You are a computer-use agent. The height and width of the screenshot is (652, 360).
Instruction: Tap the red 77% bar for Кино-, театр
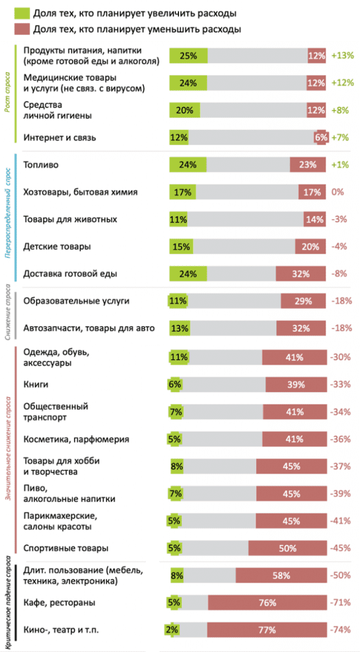267,630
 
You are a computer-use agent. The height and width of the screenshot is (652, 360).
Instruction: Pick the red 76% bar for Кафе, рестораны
267,602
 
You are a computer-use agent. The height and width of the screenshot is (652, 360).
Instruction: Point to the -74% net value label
342,630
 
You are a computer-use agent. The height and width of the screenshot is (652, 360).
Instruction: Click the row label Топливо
41,164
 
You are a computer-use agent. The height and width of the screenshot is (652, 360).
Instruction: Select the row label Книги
36,385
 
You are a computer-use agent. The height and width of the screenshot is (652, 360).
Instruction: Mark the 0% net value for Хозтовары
338,192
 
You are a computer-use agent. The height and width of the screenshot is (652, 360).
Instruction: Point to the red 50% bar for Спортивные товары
287,548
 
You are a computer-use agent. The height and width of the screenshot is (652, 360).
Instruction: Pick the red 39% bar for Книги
296,385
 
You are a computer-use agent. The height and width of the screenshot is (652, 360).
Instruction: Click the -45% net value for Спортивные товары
342,548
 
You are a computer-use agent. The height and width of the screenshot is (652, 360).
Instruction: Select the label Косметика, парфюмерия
76,439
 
